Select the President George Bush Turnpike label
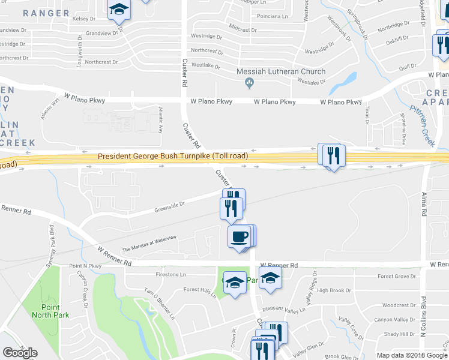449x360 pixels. pyautogui.click(x=173, y=156)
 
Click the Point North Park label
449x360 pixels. pyautogui.click(x=50, y=311)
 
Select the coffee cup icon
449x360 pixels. pyautogui.click(x=240, y=236)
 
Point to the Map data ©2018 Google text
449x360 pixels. pyautogui.click(x=412, y=355)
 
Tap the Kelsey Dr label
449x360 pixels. pyautogui.click(x=84, y=19)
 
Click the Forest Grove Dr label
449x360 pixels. pyautogui.click(x=397, y=277)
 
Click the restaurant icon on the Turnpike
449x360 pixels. pyautogui.click(x=332, y=156)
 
